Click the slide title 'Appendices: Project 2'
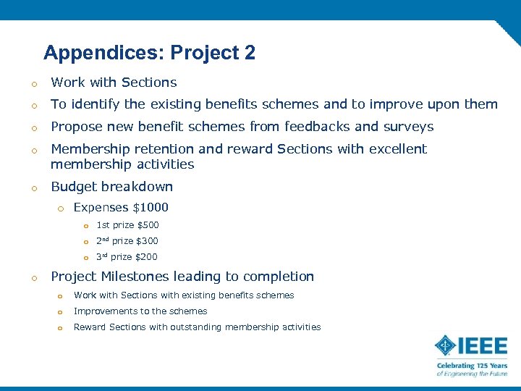point(149,53)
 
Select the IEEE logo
point(470,345)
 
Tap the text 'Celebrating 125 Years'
point(471,366)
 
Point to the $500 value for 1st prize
point(148,225)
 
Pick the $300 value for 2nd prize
point(147,241)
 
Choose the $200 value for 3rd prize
point(146,257)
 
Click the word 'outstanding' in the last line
point(193,327)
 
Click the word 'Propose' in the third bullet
point(76,127)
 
